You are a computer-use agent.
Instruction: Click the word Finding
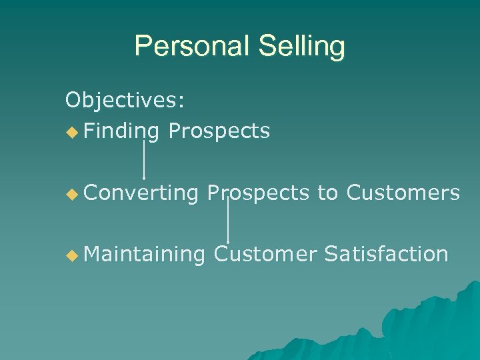coord(121,131)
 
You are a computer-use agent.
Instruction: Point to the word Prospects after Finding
coord(219,131)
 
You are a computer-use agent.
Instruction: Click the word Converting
coord(141,193)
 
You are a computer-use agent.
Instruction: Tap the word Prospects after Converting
coord(258,193)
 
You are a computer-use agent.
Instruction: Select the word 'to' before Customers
coord(327,193)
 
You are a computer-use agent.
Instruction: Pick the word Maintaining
coord(144,254)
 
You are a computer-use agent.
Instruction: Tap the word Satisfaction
coord(386,254)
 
